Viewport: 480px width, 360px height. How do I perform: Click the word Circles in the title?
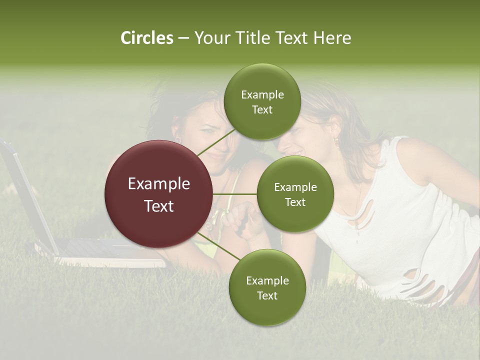click(x=147, y=38)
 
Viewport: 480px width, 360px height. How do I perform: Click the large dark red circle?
click(x=158, y=194)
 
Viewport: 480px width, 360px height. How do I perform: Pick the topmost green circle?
click(x=262, y=102)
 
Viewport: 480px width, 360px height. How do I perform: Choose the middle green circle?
click(x=295, y=194)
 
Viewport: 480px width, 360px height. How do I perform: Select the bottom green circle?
click(x=267, y=288)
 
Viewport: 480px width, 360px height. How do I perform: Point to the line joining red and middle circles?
click(x=235, y=194)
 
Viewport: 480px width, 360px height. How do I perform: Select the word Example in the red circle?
click(x=158, y=184)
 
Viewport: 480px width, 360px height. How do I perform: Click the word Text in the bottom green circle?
click(x=267, y=295)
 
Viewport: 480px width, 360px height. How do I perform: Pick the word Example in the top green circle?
click(x=262, y=94)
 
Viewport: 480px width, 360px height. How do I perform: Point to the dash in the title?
click(x=183, y=38)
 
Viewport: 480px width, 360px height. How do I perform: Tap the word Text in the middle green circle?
click(x=295, y=202)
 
